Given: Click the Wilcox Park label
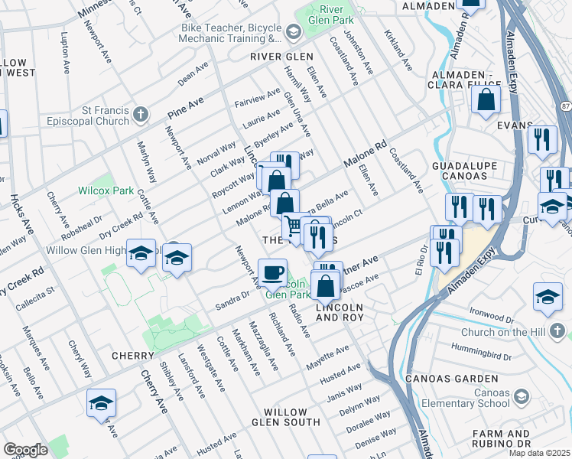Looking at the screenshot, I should [106, 190].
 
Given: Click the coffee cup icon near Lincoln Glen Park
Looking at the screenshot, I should [272, 272].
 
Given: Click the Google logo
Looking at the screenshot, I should [25, 450].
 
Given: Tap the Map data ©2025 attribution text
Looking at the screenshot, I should [539, 453].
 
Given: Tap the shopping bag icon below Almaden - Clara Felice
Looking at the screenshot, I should [486, 99].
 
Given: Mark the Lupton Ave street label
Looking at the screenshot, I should [67, 57].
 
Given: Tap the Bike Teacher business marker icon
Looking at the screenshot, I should [294, 32].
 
